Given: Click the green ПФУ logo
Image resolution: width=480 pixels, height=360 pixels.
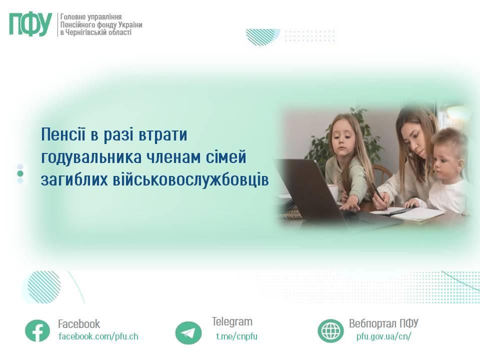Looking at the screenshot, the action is click(x=30, y=24).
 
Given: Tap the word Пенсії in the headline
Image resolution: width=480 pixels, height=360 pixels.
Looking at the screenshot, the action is click(x=63, y=134).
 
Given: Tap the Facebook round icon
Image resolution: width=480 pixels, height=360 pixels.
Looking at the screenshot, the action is click(x=37, y=330).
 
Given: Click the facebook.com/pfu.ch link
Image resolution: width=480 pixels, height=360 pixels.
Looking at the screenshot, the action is click(x=98, y=336).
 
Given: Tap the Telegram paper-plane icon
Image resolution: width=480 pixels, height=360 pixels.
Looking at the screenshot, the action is click(x=188, y=333).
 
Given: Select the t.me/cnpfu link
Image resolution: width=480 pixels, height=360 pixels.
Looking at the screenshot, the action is click(x=236, y=336).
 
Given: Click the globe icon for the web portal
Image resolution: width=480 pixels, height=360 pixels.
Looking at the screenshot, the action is click(x=330, y=330).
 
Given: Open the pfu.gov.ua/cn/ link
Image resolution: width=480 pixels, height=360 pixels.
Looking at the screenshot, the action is click(x=383, y=336).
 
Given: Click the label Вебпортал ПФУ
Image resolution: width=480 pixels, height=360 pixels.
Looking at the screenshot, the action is click(x=383, y=323).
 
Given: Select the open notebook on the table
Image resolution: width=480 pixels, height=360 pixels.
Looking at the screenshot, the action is click(x=407, y=213).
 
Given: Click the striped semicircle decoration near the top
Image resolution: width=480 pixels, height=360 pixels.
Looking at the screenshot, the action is click(x=262, y=37).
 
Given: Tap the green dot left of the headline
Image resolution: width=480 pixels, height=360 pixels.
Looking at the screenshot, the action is click(x=20, y=173).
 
